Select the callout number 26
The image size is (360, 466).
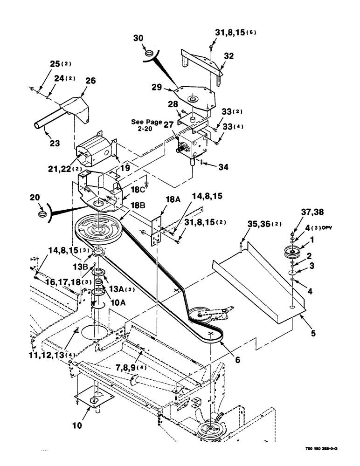[90, 81]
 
